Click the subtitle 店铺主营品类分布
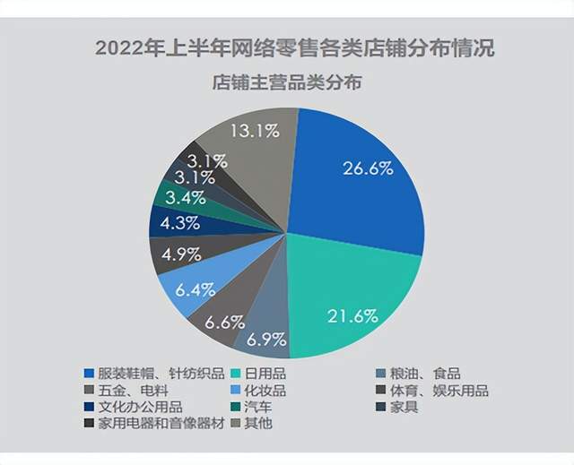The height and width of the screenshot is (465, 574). pos(287,84)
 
